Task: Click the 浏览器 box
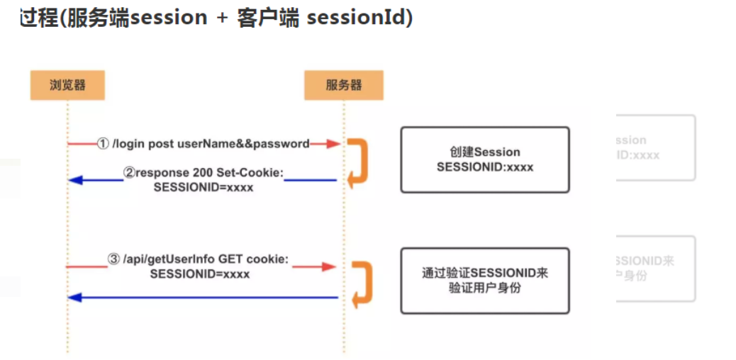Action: point(67,85)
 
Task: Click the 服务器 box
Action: point(344,85)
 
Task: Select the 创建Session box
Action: point(484,159)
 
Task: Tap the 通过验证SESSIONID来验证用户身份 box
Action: point(484,280)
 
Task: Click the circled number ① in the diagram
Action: point(103,144)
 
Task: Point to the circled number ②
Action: point(129,172)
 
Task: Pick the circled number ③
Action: point(114,259)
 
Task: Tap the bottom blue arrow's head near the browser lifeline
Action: point(74,298)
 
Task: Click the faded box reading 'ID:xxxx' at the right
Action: point(656,147)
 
